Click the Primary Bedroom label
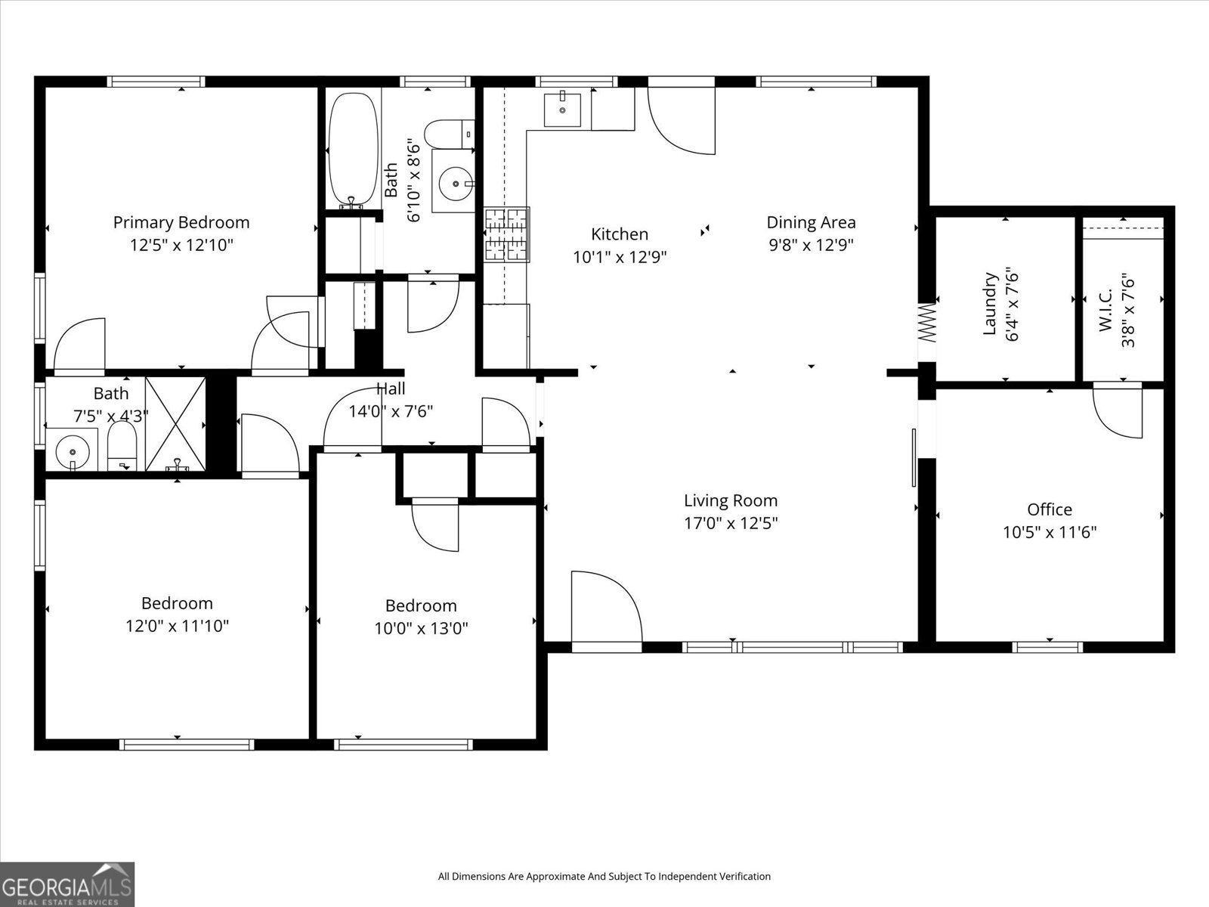click(x=181, y=222)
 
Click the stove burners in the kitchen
click(x=506, y=234)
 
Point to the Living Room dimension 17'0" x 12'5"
click(x=731, y=523)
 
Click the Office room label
click(x=1049, y=509)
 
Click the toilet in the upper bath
click(x=446, y=135)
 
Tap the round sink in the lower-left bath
click(x=73, y=452)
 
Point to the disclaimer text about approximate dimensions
click(x=604, y=877)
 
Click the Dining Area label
click(x=811, y=222)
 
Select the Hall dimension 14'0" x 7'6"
click(x=391, y=412)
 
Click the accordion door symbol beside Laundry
click(x=927, y=322)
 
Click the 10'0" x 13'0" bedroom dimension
click(x=421, y=628)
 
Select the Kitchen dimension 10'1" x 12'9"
click(x=620, y=257)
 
